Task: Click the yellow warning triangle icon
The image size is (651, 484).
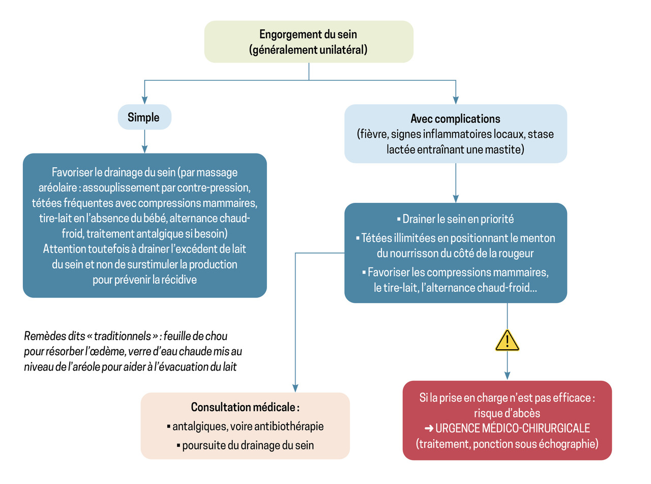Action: pos(507,341)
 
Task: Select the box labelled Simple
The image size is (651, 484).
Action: pos(144,118)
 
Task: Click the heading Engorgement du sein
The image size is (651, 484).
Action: pos(308,35)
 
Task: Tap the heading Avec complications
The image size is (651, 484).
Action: pos(455,119)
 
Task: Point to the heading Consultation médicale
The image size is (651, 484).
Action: pos(245,407)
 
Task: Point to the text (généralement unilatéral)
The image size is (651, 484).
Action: pos(308,50)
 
